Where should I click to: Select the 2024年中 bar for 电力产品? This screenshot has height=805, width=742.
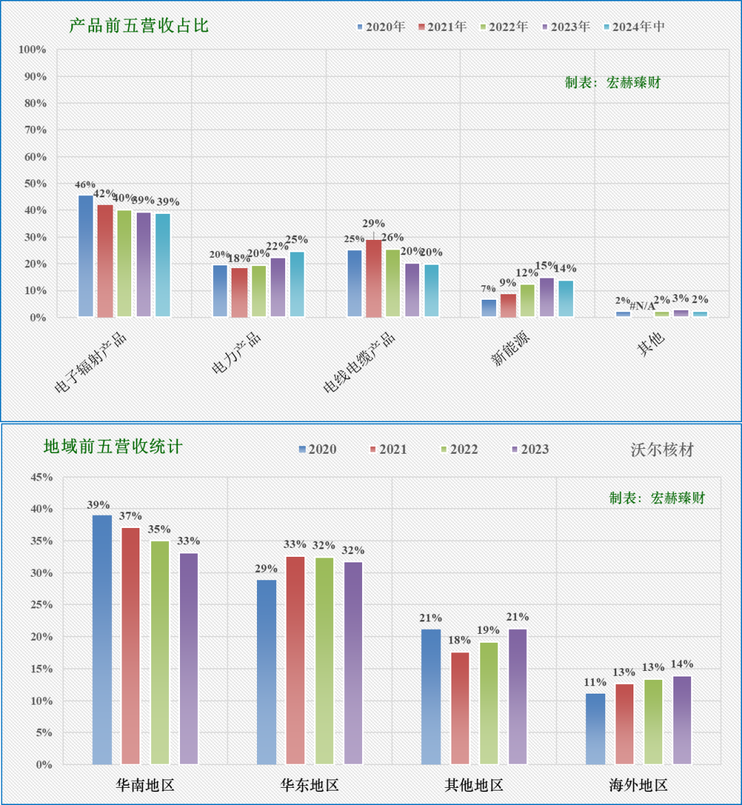pyautogui.click(x=297, y=285)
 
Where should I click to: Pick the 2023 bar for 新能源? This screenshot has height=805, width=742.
pyautogui.click(x=546, y=298)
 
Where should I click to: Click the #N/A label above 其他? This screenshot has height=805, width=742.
pyautogui.click(x=642, y=306)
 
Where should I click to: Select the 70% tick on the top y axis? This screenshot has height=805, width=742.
pyautogui.click(x=33, y=130)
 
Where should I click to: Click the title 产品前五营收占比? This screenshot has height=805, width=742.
pyautogui.click(x=139, y=26)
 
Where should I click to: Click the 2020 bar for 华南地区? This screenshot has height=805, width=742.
pyautogui.click(x=102, y=639)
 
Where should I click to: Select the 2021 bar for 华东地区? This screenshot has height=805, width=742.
pyautogui.click(x=295, y=660)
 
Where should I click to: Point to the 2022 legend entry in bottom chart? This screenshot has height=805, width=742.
pyautogui.click(x=458, y=449)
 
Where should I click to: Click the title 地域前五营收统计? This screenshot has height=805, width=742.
pyautogui.click(x=113, y=447)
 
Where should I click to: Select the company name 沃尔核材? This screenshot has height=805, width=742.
pyautogui.click(x=662, y=450)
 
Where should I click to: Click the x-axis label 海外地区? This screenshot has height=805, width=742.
pyautogui.click(x=638, y=785)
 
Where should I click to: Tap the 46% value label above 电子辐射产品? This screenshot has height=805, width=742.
pyautogui.click(x=85, y=185)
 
